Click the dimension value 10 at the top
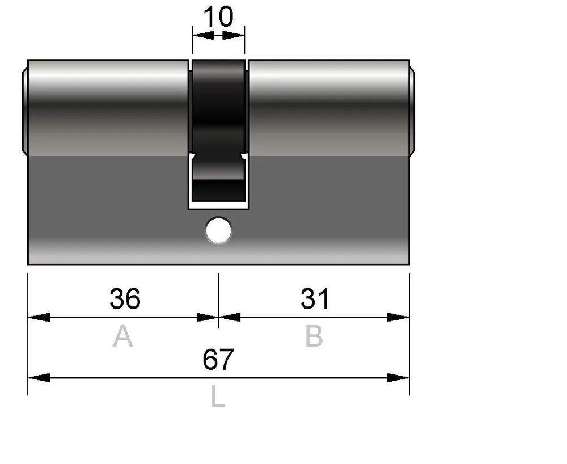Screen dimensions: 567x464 tap(218, 16)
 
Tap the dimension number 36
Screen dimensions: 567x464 tap(125, 299)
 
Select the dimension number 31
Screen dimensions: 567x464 tap(315, 299)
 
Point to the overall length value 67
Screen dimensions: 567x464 tap(218, 360)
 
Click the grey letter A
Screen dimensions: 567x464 tap(122, 336)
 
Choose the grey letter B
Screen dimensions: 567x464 tap(314, 336)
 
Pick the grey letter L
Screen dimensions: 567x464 tap(218, 396)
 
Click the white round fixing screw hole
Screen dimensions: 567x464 tap(218, 230)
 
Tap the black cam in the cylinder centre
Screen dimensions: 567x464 tap(218, 130)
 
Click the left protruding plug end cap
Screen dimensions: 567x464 tap(24, 111)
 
